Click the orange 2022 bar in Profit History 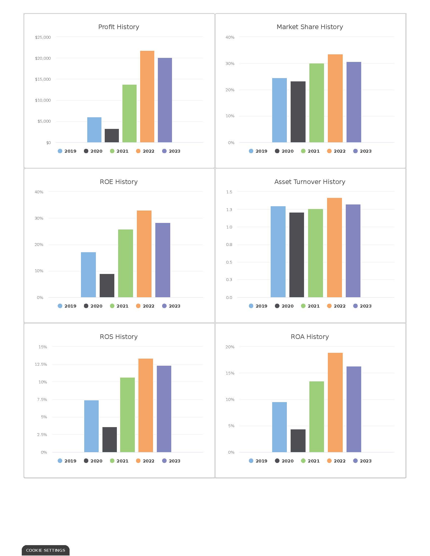[147, 97]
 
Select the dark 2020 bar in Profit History [112, 136]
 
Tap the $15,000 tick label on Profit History [43, 79]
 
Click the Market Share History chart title [310, 27]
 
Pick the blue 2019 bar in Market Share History [279, 110]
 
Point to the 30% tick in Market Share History [230, 63]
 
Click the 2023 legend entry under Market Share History [362, 151]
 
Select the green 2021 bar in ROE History [125, 264]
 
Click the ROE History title [118, 181]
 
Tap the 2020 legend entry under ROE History [93, 306]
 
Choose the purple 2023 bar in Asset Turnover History [353, 251]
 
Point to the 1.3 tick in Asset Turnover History [229, 210]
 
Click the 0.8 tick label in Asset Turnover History [229, 244]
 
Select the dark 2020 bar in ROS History [110, 440]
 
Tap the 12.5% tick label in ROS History [41, 364]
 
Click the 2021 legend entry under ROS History [119, 461]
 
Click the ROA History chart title [310, 337]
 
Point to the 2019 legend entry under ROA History [258, 461]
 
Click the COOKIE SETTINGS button [46, 550]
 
